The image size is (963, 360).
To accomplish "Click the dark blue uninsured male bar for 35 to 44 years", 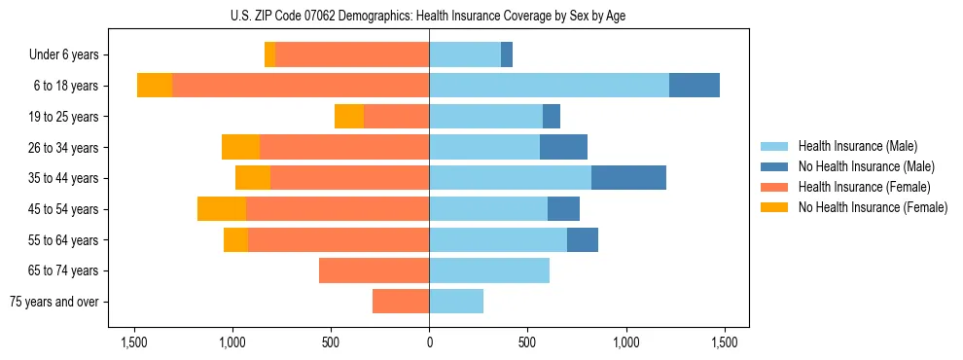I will click(628, 178).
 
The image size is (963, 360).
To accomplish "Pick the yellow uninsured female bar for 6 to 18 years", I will click(155, 86).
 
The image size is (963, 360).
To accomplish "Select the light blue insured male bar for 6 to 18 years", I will click(549, 86).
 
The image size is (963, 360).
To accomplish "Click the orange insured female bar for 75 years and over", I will click(401, 302).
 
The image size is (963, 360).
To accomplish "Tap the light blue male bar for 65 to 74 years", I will click(489, 270).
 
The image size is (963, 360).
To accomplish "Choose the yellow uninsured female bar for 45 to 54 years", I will click(222, 209).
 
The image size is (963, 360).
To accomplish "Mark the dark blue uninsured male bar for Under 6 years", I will click(507, 54).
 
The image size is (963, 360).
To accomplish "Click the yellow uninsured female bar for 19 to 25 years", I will click(349, 117).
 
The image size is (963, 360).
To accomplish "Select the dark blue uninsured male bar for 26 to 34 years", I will click(563, 147).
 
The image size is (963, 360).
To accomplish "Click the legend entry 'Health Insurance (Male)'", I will click(857, 146).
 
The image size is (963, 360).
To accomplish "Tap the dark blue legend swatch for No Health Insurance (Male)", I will click(774, 166).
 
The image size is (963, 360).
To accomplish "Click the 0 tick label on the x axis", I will click(429, 342).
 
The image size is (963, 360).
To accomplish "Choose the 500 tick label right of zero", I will click(527, 342).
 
